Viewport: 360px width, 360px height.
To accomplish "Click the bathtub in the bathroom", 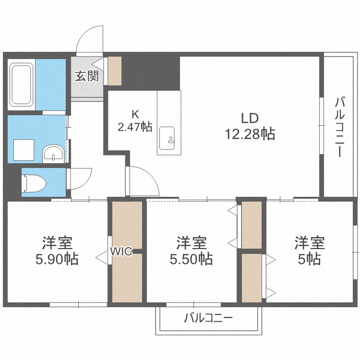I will coord(21,85).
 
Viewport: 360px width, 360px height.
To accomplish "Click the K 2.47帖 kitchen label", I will coord(135,120).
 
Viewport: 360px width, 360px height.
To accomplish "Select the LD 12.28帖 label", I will coord(250,126).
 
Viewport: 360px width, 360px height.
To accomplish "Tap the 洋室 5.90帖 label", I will coord(57,250).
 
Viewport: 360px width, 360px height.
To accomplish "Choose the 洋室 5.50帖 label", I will coord(191,250).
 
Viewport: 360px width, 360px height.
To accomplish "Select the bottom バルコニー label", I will coord(208,318).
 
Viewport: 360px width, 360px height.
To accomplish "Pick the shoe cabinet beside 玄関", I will coord(115,71).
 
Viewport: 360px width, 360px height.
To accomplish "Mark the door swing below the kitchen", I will coord(143,181).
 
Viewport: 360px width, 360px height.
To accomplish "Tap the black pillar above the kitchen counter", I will coord(163,72).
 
